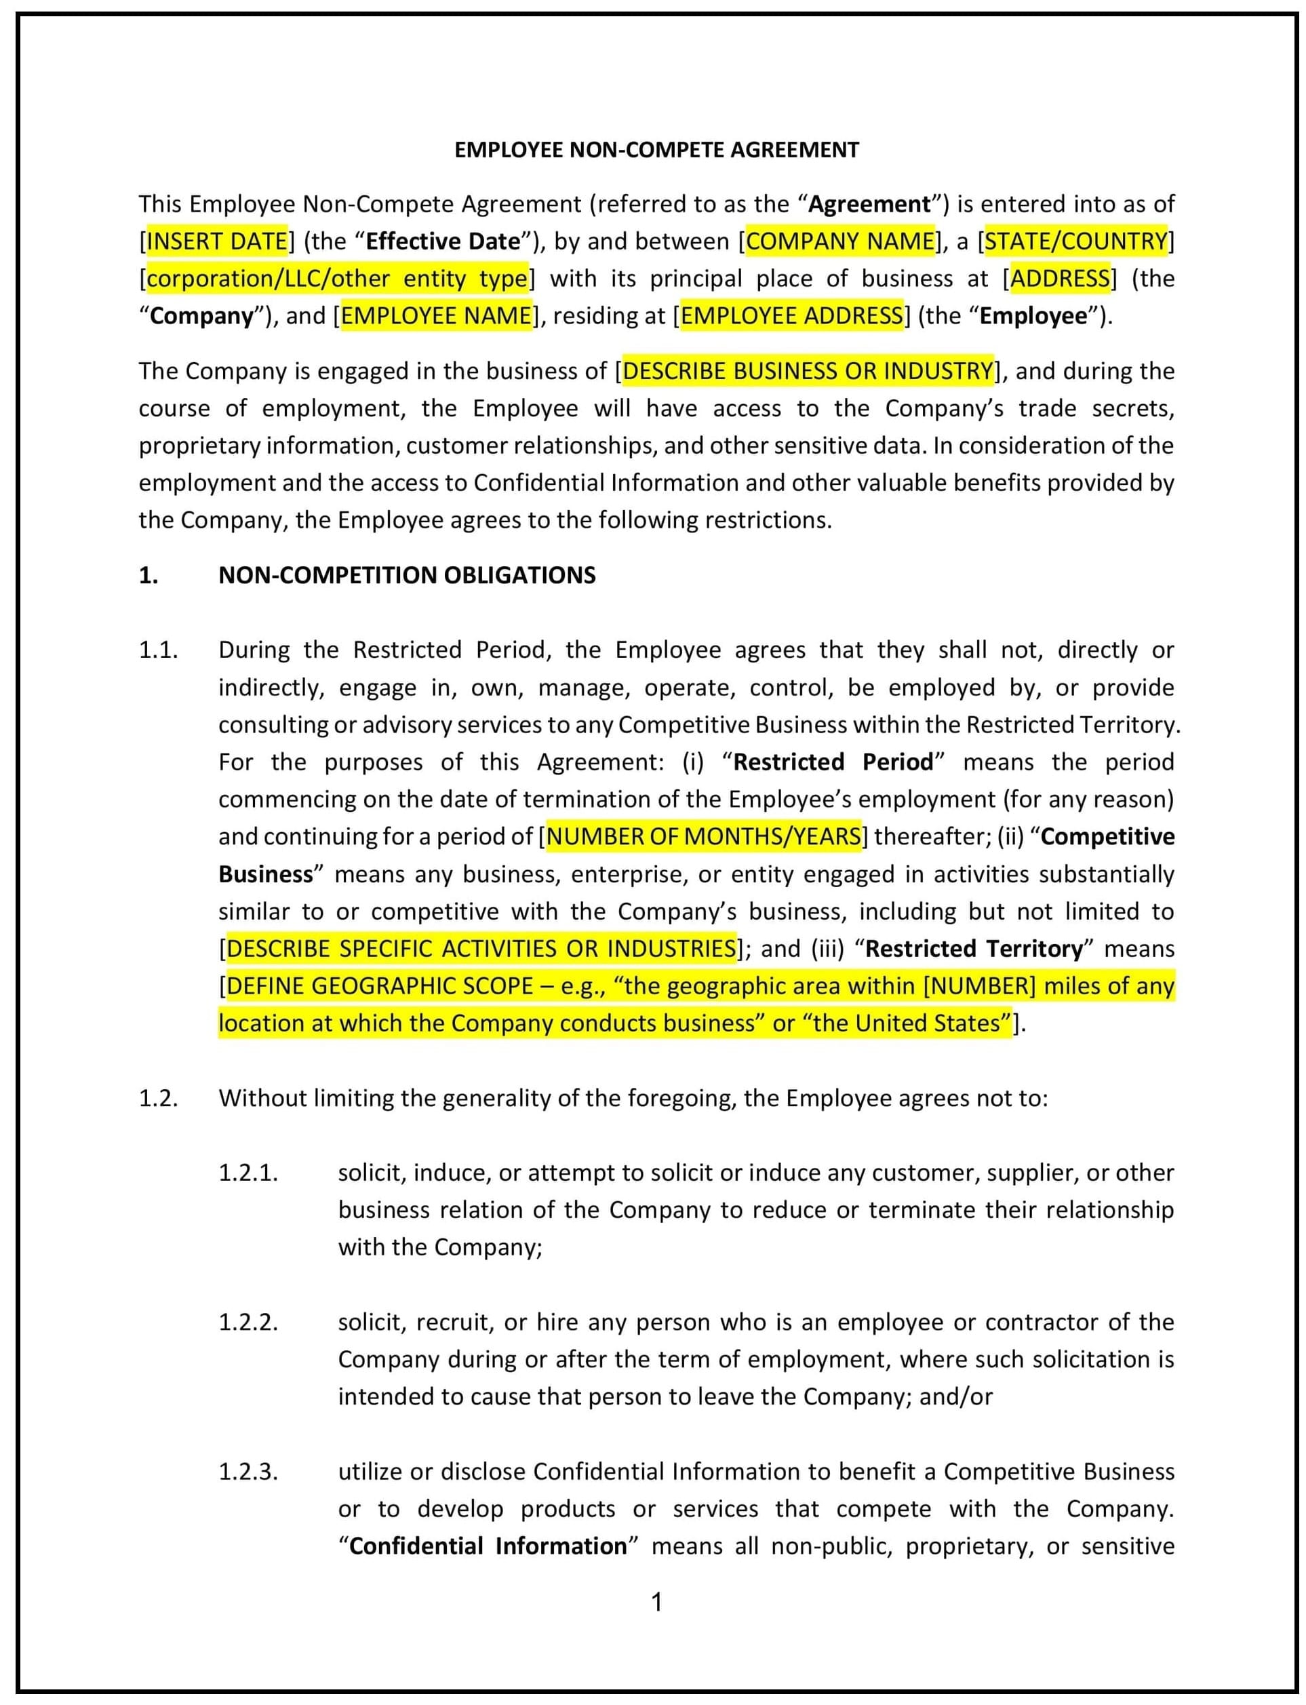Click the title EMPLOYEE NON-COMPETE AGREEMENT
tap(656, 150)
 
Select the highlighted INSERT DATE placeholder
tap(217, 241)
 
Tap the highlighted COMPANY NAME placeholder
tap(839, 241)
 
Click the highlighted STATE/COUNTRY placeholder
tap(1076, 241)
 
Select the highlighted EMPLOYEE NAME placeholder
tap(436, 315)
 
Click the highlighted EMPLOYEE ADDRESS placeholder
tap(791, 315)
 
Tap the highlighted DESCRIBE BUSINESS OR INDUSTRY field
tap(808, 371)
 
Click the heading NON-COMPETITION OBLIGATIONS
tap(407, 575)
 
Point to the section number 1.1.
tap(159, 650)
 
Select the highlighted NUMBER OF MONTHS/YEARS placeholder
tap(704, 836)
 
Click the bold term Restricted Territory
tap(973, 949)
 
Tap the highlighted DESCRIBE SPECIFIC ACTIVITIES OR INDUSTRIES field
tap(480, 949)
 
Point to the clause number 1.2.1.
tap(248, 1173)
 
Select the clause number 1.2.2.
tap(248, 1322)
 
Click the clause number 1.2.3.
tap(248, 1471)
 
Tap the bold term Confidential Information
tap(488, 1546)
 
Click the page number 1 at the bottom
tap(656, 1602)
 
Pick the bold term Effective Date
tap(442, 241)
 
